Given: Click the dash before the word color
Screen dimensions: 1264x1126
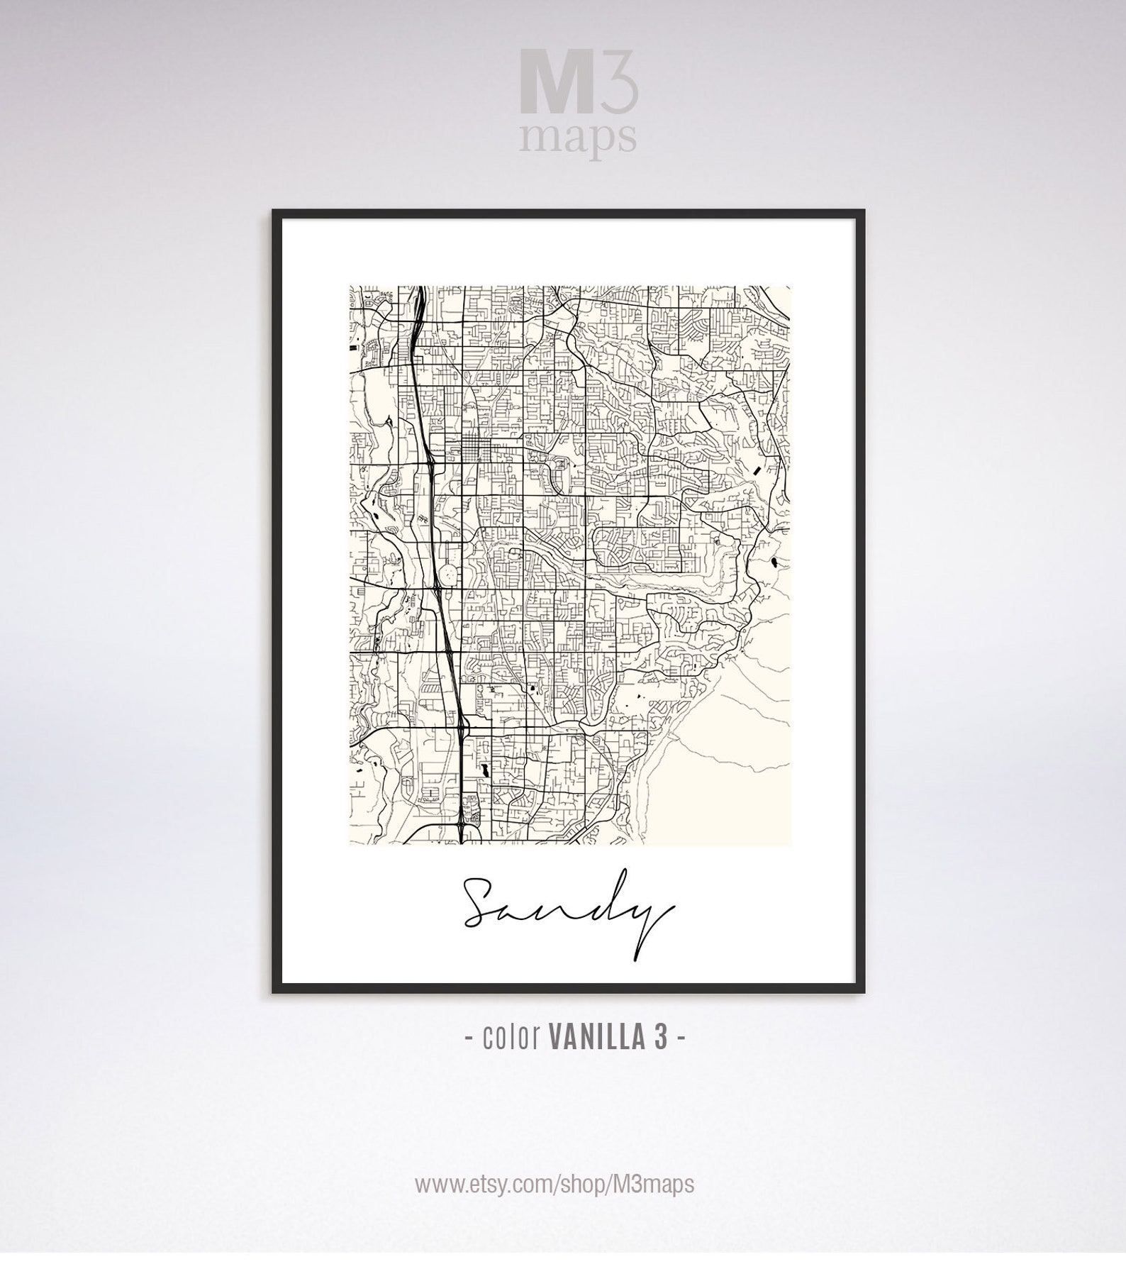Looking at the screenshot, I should click(x=470, y=1038).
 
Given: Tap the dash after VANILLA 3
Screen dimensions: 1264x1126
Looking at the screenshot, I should click(x=681, y=1038).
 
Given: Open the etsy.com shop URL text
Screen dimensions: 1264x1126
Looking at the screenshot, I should click(x=554, y=1183).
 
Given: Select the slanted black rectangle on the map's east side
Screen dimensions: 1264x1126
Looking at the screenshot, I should click(x=758, y=469).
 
